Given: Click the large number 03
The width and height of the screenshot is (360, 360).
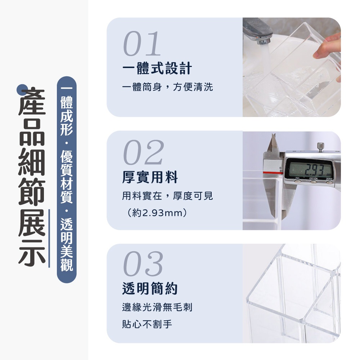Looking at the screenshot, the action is point(143,264).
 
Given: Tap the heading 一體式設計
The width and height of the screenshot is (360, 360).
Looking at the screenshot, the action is point(157,68).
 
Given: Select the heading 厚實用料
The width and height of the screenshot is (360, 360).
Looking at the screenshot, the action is point(150,177).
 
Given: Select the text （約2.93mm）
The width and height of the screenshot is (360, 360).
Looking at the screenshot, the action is point(157,213).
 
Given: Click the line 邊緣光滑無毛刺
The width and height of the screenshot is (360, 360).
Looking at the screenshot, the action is point(157,307).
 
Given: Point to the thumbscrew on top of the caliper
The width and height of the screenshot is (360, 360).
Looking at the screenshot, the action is point(320,146).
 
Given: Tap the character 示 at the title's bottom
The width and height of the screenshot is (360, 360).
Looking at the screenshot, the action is point(32,253).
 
